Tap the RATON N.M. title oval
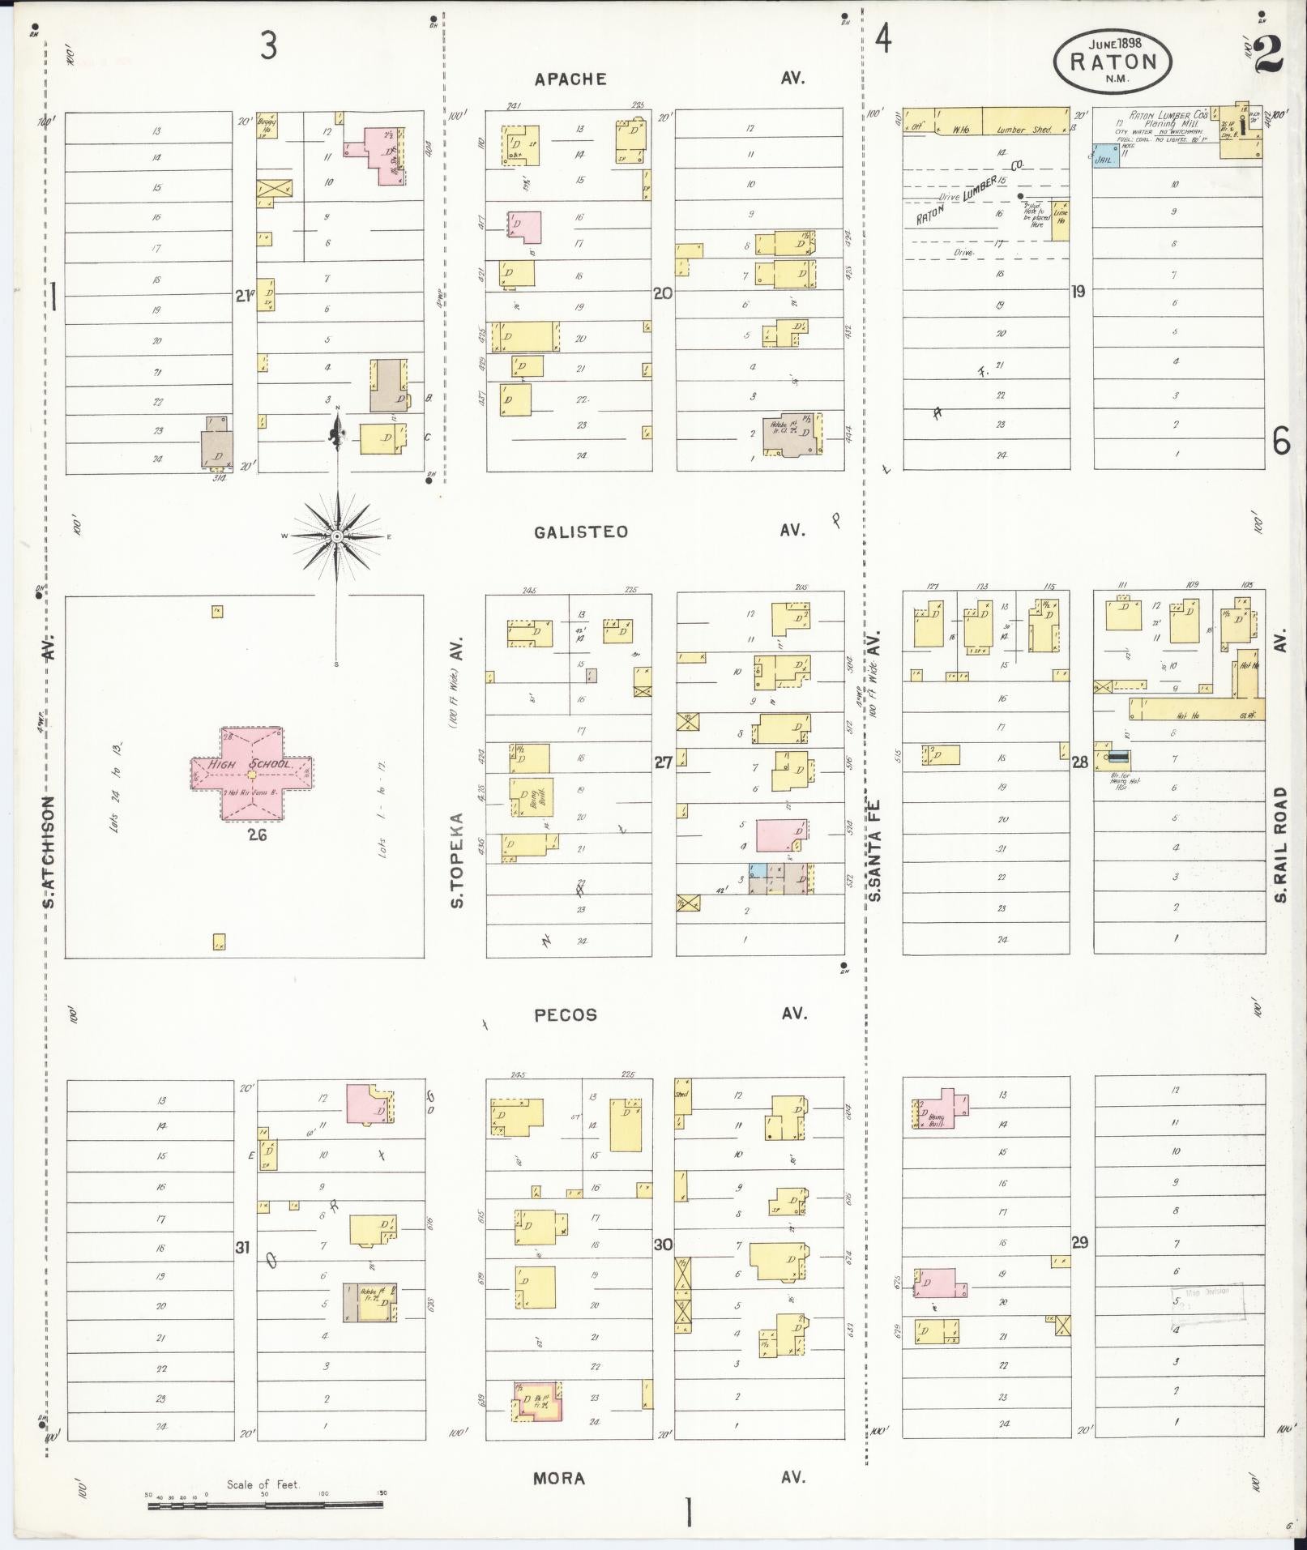pyautogui.click(x=1113, y=61)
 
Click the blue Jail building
pyautogui.click(x=1104, y=157)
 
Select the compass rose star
pyautogui.click(x=336, y=536)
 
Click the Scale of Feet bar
pyautogui.click(x=265, y=1505)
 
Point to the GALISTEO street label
pyautogui.click(x=581, y=532)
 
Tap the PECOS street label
pyautogui.click(x=566, y=1014)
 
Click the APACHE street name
pyautogui.click(x=570, y=79)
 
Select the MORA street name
pyautogui.click(x=559, y=1479)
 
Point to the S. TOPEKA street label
pyautogui.click(x=458, y=859)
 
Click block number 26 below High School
pyautogui.click(x=258, y=835)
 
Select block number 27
pyautogui.click(x=663, y=762)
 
